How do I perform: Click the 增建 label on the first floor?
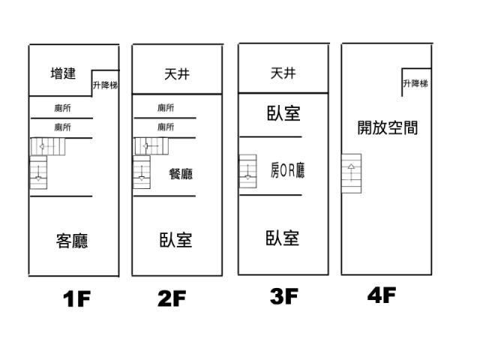tap(63, 73)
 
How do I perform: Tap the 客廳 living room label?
tap(72, 241)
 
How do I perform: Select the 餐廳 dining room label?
tap(181, 174)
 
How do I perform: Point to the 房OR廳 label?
tap(288, 171)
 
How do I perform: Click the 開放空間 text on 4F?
tap(387, 127)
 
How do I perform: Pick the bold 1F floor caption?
tap(76, 300)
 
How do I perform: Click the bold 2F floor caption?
tap(171, 299)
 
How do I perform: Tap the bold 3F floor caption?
tap(284, 297)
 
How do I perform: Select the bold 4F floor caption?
tap(381, 295)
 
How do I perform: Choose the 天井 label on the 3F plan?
tap(283, 73)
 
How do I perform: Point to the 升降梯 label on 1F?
tap(105, 85)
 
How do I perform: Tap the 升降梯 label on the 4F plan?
tap(415, 83)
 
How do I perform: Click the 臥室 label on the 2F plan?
tap(175, 240)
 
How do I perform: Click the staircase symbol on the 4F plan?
tap(351, 173)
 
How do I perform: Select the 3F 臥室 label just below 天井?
tap(283, 113)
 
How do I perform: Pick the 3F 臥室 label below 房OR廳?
tap(283, 238)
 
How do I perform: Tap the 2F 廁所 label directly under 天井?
tap(166, 108)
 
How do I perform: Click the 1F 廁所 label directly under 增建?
tap(63, 108)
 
